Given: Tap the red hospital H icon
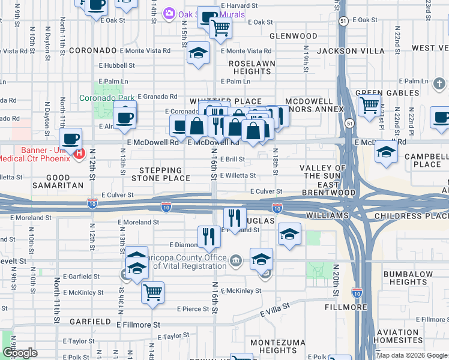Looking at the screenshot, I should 79,154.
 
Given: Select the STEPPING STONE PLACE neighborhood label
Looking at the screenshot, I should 161,175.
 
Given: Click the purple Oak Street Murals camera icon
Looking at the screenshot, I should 169,13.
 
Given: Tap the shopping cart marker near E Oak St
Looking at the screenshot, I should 220,27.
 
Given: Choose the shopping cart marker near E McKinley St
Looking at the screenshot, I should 153,292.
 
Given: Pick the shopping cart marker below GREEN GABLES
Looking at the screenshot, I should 369,106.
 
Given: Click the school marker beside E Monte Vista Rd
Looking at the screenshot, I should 198,54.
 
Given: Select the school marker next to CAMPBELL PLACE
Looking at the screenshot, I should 385,152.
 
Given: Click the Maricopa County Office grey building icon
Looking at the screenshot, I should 236,260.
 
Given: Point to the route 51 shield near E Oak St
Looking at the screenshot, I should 342,20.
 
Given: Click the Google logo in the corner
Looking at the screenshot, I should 19,353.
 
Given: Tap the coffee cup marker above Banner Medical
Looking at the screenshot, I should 71,139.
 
